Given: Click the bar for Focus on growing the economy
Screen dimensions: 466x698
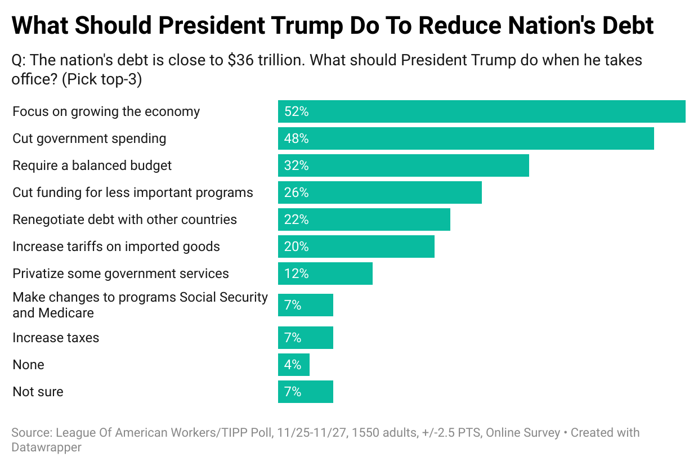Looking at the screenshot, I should click(x=481, y=111).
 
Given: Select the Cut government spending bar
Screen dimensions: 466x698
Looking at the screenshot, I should click(x=466, y=138).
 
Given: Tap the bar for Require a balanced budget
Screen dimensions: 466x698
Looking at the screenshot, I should click(x=403, y=165).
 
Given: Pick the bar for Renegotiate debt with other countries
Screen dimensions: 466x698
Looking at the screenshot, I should click(x=364, y=219).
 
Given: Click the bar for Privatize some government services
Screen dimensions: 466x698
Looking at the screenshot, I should click(x=325, y=274).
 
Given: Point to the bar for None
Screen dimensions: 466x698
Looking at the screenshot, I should click(x=293, y=365).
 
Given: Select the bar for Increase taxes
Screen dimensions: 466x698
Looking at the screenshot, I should click(x=305, y=338).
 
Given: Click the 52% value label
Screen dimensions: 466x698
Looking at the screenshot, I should click(x=297, y=111).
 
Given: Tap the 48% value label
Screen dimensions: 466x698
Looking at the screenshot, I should click(x=297, y=138).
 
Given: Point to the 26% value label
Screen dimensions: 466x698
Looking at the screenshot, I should click(x=297, y=192).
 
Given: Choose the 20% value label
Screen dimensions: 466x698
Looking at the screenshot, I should click(x=297, y=247).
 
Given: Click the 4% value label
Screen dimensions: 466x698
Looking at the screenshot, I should click(x=293, y=365).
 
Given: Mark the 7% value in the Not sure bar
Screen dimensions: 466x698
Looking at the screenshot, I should click(x=293, y=392).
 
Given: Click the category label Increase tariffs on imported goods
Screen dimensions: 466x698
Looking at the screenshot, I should click(x=116, y=247).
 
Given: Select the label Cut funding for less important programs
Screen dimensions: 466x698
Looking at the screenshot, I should click(x=133, y=192).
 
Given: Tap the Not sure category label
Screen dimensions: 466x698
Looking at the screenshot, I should click(x=38, y=392).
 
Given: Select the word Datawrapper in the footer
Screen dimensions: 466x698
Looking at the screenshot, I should click(x=47, y=447).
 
